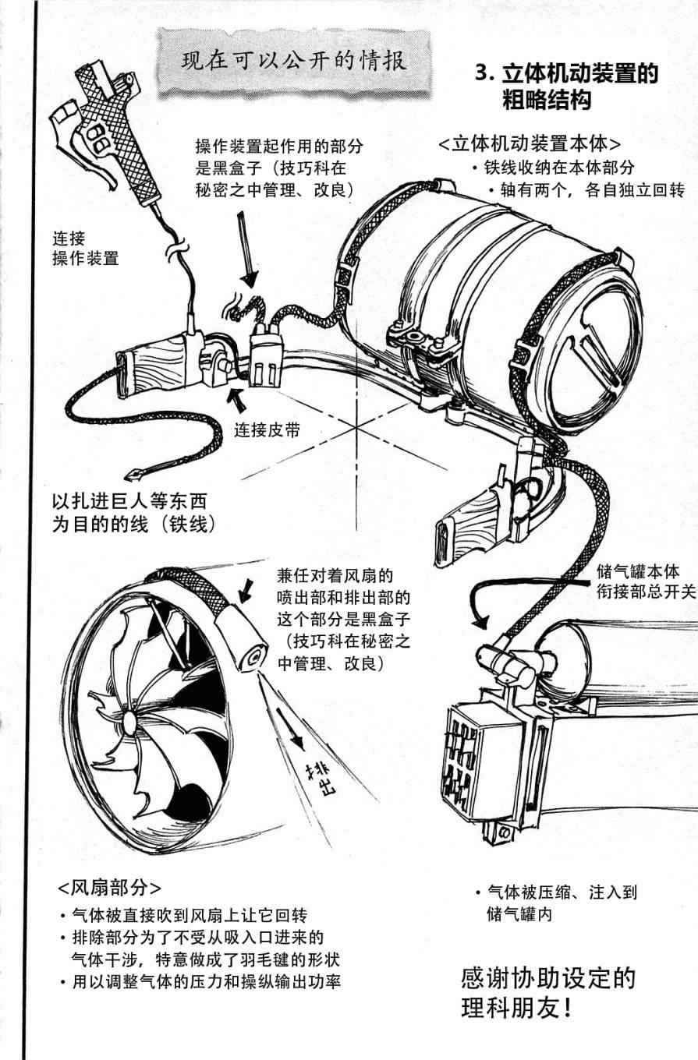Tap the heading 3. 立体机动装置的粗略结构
[x=566, y=87]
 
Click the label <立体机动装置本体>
[x=530, y=144]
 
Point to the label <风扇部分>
[x=109, y=888]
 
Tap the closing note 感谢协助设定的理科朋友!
[x=548, y=992]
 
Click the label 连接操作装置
[x=85, y=248]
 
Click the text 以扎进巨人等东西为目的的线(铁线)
[x=129, y=511]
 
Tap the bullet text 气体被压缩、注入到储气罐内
[x=555, y=903]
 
